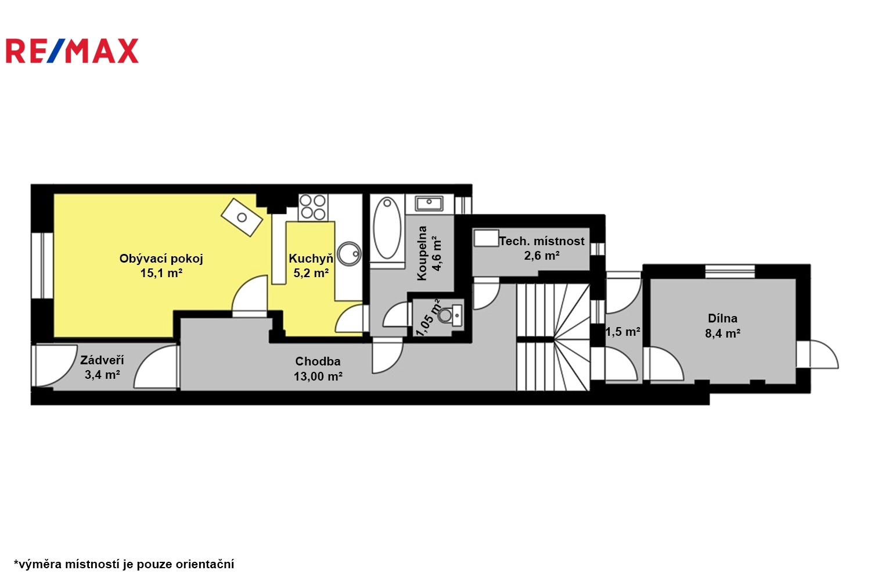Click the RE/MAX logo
(73, 51)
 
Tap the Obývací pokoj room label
(161, 259)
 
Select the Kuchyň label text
(311, 259)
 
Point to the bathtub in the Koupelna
(387, 228)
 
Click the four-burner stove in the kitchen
(312, 207)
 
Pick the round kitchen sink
(349, 254)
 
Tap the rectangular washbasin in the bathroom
(429, 203)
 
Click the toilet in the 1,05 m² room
(450, 315)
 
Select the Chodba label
(318, 361)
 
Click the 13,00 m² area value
(318, 376)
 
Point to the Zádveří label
(102, 360)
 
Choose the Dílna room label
(722, 318)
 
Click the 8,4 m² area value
(722, 333)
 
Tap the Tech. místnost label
(542, 241)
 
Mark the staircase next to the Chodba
(553, 337)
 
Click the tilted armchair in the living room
(242, 217)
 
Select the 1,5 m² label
(622, 332)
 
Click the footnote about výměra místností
(124, 564)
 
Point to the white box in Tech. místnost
(486, 238)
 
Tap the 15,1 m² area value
(161, 273)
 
